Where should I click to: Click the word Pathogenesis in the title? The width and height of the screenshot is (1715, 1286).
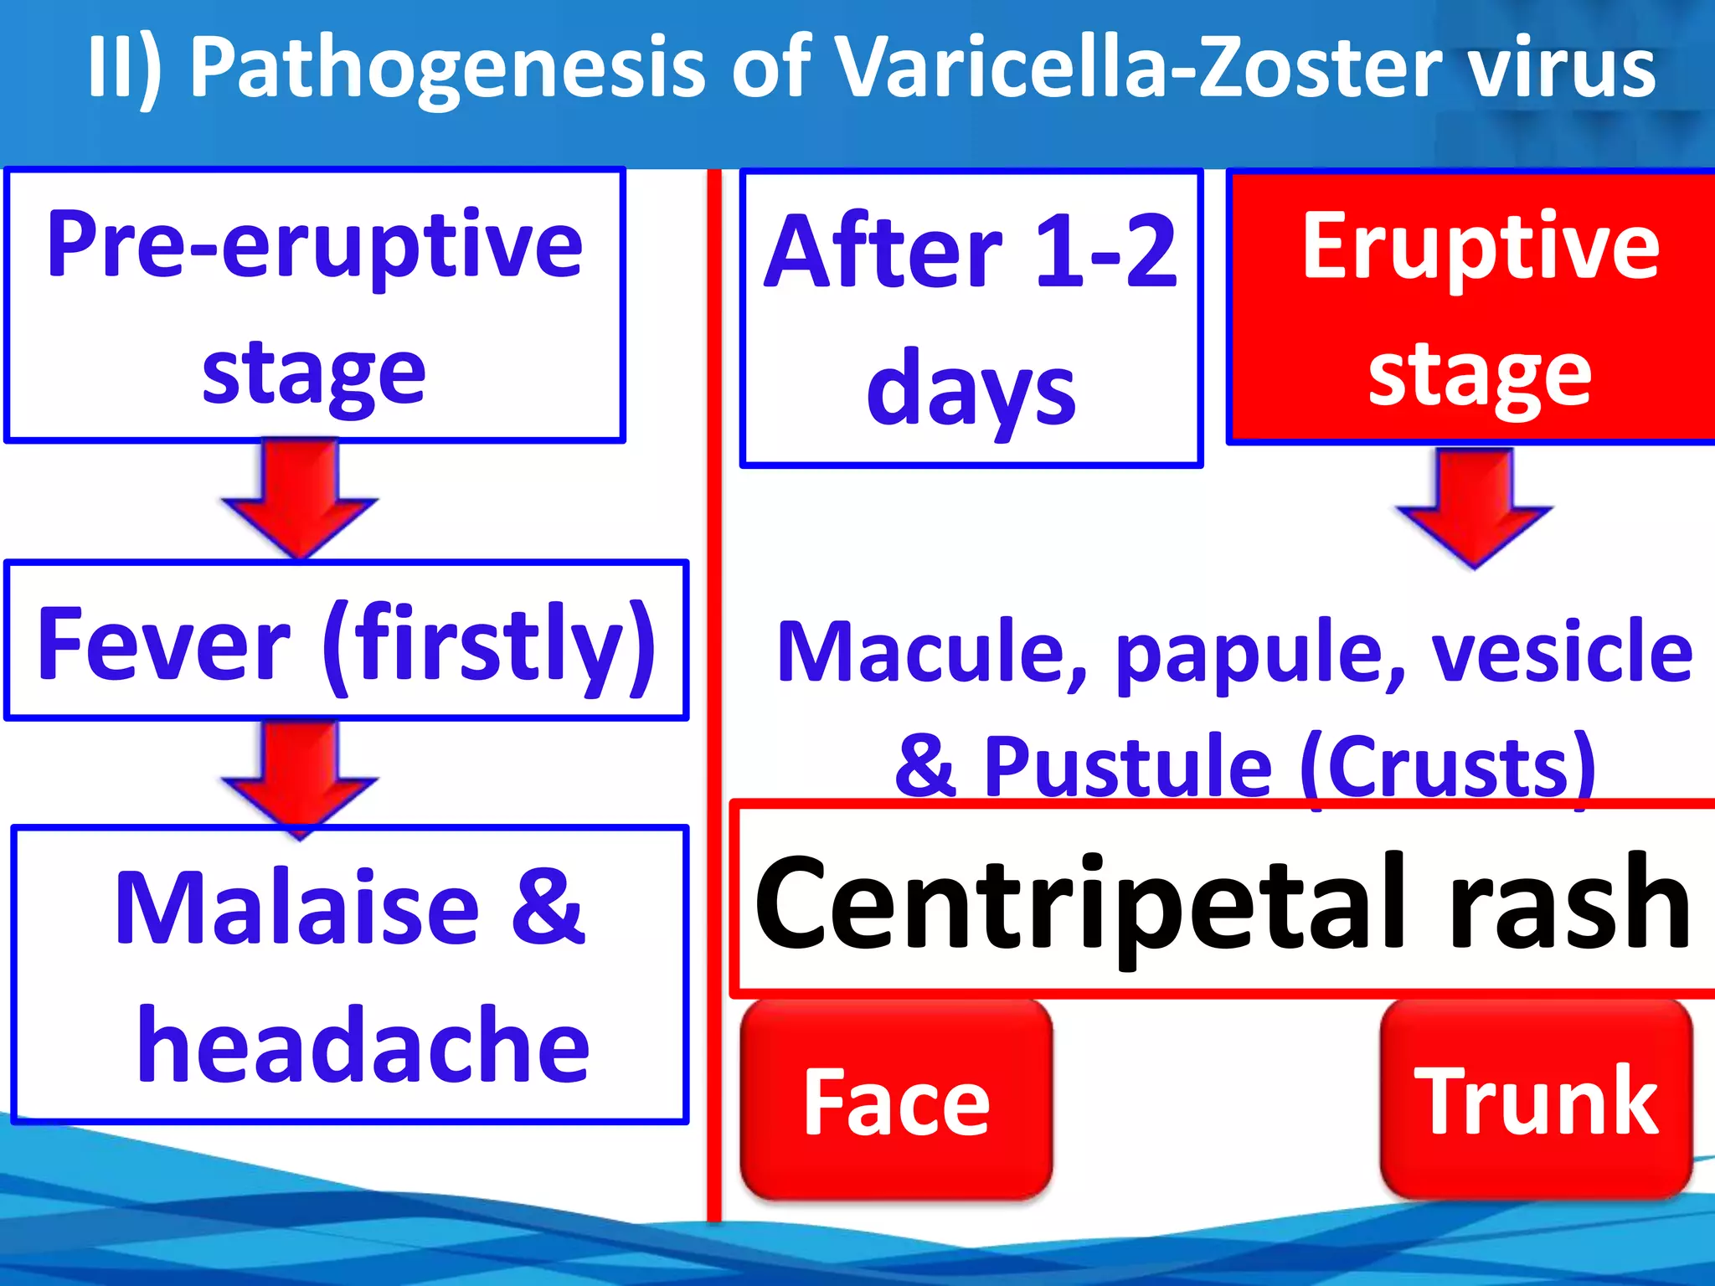448,69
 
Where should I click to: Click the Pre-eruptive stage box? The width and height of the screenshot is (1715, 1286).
315,306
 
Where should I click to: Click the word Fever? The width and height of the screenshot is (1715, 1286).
164,645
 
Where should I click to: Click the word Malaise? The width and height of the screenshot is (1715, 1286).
297,908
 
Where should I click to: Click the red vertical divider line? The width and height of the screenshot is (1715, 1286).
713,695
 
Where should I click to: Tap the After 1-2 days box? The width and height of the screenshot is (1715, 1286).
971,318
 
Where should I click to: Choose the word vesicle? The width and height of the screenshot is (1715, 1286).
1563,653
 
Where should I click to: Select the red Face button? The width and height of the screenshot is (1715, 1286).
896,1102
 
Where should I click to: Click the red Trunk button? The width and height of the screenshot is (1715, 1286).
1536,1100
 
